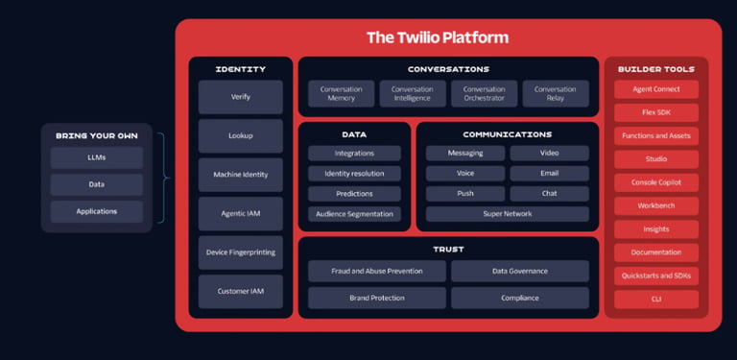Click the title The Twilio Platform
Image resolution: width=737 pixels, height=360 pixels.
pos(438,37)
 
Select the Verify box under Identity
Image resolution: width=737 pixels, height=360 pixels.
pos(241,97)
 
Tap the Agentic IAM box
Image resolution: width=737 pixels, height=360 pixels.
pos(241,213)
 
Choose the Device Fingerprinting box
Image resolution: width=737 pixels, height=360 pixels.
pos(241,252)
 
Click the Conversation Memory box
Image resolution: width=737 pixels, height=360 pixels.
pos(342,93)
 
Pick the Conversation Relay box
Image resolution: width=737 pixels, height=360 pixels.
pos(555,93)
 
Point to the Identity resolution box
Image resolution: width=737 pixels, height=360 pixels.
pos(354,174)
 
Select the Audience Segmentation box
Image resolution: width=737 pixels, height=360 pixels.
pos(354,214)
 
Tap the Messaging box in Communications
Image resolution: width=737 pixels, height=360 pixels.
pos(465,154)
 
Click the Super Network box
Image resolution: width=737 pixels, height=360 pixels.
pos(508,214)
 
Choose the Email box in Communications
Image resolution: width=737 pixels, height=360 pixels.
pos(550,174)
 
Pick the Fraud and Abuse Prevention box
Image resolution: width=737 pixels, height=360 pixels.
pos(377,271)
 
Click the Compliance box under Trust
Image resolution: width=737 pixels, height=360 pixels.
pos(520,298)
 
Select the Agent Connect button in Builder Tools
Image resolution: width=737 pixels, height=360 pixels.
pos(656,89)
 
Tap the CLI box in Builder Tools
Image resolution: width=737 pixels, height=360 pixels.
pos(656,300)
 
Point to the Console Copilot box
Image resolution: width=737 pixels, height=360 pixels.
pos(656,182)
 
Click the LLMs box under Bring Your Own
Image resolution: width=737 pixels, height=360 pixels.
pos(97,157)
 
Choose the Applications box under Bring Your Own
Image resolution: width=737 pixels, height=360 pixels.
pos(97,211)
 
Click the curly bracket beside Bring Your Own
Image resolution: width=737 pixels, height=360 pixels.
pos(163,178)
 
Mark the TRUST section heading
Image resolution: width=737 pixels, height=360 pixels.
pos(448,250)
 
